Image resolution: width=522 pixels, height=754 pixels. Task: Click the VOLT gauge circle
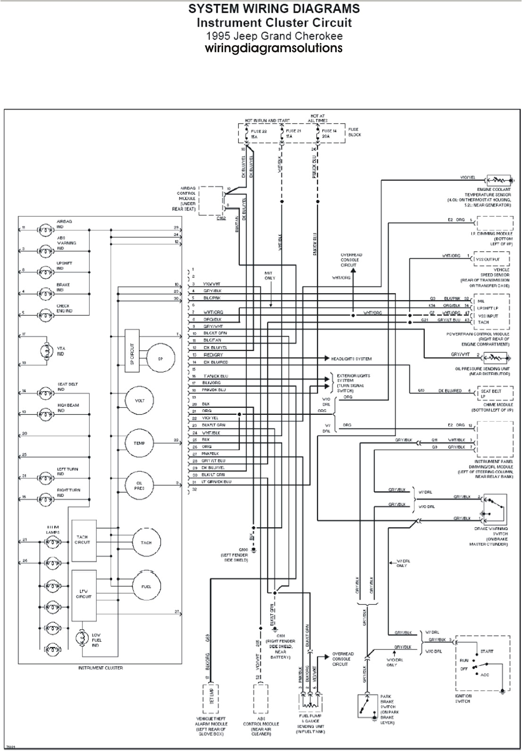pyautogui.click(x=140, y=401)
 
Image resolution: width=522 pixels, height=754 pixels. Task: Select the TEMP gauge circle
pyautogui.click(x=139, y=443)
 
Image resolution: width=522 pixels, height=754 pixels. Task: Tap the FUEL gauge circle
pyautogui.click(x=146, y=587)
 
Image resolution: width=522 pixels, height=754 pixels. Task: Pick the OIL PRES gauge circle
pyautogui.click(x=139, y=485)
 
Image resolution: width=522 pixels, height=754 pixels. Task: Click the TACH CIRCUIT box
pyautogui.click(x=83, y=540)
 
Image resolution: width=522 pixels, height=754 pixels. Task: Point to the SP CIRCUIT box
pyautogui.click(x=132, y=351)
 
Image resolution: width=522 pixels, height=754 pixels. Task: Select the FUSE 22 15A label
pyautogui.click(x=258, y=134)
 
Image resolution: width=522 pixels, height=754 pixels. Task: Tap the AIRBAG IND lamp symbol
pyautogui.click(x=46, y=230)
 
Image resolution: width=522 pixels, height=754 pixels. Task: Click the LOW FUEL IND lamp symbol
pyautogui.click(x=83, y=639)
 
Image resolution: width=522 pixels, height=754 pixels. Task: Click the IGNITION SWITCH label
pyautogui.click(x=462, y=698)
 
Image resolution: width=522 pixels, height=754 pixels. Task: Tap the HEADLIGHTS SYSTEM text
pyautogui.click(x=351, y=359)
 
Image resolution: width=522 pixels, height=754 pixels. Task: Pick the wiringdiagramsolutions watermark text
pyautogui.click(x=273, y=48)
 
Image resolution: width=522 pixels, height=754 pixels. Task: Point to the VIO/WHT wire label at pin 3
pyautogui.click(x=211, y=284)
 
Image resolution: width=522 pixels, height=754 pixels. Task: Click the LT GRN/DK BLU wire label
pyautogui.click(x=217, y=482)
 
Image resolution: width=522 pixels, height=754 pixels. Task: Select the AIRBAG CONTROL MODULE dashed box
pyautogui.click(x=210, y=201)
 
